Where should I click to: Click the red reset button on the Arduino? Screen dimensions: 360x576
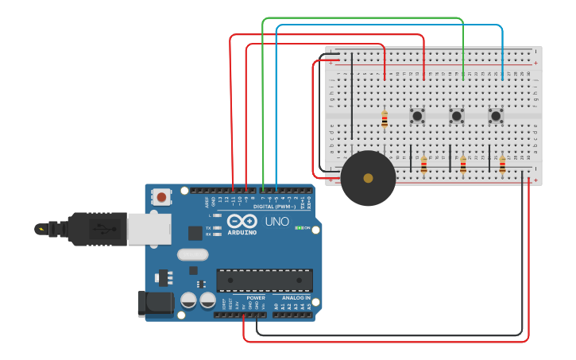[162, 196]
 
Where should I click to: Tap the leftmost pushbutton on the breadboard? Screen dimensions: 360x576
[417, 116]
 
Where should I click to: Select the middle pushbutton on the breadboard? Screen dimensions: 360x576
[456, 116]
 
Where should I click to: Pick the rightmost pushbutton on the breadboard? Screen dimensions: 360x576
[496, 116]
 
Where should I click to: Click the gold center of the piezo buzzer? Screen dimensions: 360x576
[368, 178]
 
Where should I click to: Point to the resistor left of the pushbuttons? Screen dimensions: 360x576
[385, 119]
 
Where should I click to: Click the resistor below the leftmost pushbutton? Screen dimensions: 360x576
[423, 165]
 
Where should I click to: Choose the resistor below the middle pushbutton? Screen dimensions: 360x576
[462, 165]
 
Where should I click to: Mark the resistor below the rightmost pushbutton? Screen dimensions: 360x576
[502, 165]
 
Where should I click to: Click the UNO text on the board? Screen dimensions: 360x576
[276, 222]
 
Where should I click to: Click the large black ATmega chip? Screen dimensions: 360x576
[265, 280]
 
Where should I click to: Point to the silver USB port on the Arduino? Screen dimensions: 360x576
[149, 229]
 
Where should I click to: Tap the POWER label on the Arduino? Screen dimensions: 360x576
[256, 298]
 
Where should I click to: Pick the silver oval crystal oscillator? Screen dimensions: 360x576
[192, 255]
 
